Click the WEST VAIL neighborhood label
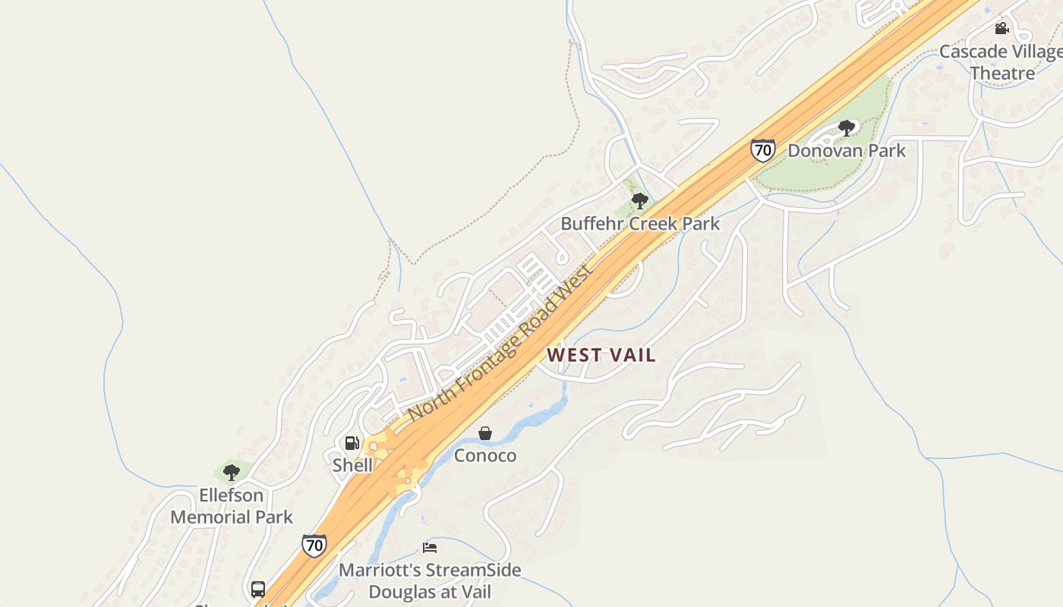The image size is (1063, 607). pos(601,355)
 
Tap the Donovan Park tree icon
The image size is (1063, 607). pos(847,127)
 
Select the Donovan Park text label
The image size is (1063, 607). pos(847,150)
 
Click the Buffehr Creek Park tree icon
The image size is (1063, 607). pos(640,201)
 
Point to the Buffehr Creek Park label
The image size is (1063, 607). pos(640,224)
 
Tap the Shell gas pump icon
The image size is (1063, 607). pos(352,442)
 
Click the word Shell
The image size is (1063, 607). pos(352,464)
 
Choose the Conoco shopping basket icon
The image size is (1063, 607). pos(485,433)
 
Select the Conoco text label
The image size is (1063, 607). pos(485,455)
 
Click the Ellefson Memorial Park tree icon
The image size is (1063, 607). pos(232,473)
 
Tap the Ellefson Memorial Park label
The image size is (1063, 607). pos(232,506)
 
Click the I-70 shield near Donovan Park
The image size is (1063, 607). pos(762,149)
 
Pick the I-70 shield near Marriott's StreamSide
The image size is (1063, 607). pos(314,545)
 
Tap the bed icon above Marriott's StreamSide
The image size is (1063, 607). pos(430,547)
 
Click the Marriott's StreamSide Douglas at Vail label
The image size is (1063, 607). pos(430,580)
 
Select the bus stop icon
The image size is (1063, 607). pos(258,589)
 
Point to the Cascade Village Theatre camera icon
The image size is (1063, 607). pos(1001,29)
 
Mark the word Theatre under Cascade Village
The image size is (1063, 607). pos(1002,74)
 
